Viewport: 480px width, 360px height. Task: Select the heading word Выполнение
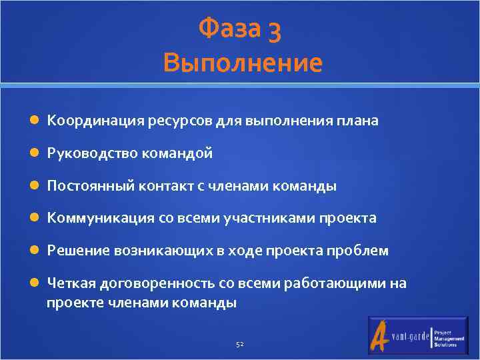[x=242, y=63]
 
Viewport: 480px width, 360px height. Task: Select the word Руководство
[x=91, y=153]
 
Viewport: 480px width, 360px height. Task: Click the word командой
[x=177, y=153]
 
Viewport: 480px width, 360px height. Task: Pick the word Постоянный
[x=90, y=186]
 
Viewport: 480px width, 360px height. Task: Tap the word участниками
[x=279, y=218]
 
